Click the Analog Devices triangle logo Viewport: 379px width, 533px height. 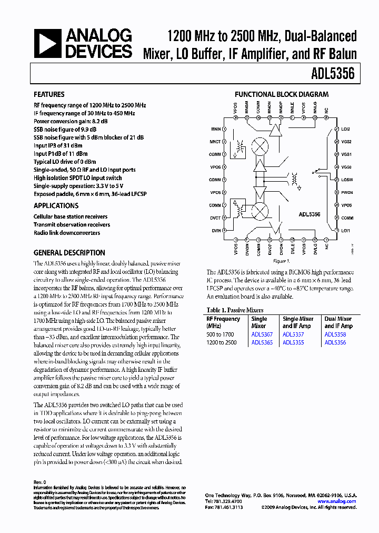47,43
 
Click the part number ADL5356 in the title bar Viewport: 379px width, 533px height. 335,74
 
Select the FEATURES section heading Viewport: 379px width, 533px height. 49,94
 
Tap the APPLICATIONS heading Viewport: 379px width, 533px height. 56,206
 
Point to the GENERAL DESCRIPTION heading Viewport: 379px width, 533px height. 69,253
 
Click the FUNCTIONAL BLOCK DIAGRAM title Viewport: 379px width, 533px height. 282,94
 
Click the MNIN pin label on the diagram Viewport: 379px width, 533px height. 216,129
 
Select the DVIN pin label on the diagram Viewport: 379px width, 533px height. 216,231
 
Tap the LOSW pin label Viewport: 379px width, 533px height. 346,180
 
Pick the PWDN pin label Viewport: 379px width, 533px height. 346,193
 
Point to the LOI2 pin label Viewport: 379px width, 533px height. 346,129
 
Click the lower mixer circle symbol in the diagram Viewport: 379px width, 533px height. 259,211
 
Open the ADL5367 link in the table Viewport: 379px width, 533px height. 262,334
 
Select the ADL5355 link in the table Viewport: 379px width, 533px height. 293,342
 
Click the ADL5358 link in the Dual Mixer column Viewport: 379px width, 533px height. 335,334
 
